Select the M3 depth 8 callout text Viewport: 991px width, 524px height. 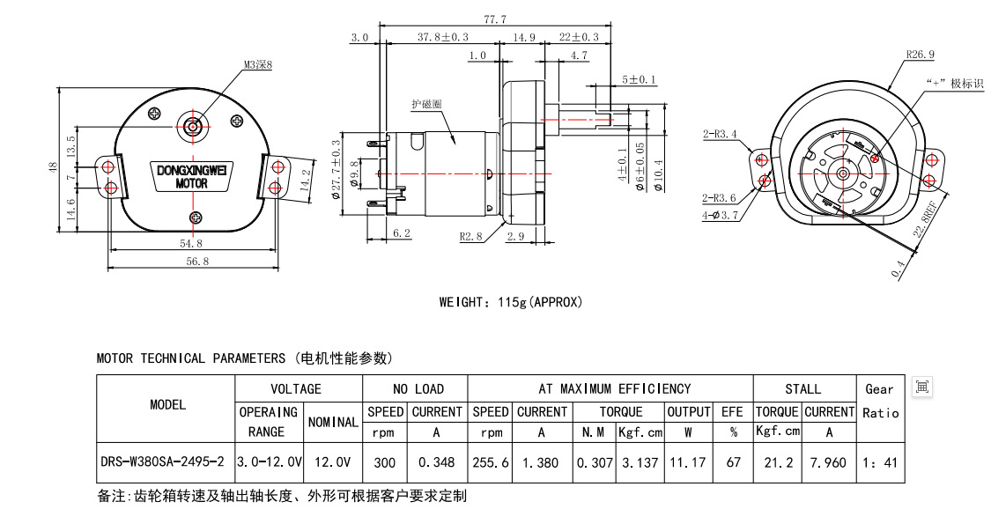(258, 64)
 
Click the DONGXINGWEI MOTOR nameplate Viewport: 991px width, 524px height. (191, 176)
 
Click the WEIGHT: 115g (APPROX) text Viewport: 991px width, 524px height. (511, 302)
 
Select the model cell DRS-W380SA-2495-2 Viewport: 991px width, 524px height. (164, 461)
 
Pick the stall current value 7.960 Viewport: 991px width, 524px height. (829, 461)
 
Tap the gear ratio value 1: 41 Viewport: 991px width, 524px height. (879, 461)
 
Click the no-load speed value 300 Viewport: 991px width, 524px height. (384, 461)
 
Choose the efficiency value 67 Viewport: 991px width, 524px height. (733, 461)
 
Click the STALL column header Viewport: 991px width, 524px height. (803, 388)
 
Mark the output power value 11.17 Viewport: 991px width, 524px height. (688, 461)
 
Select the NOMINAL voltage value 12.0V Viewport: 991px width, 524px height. (331, 461)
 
